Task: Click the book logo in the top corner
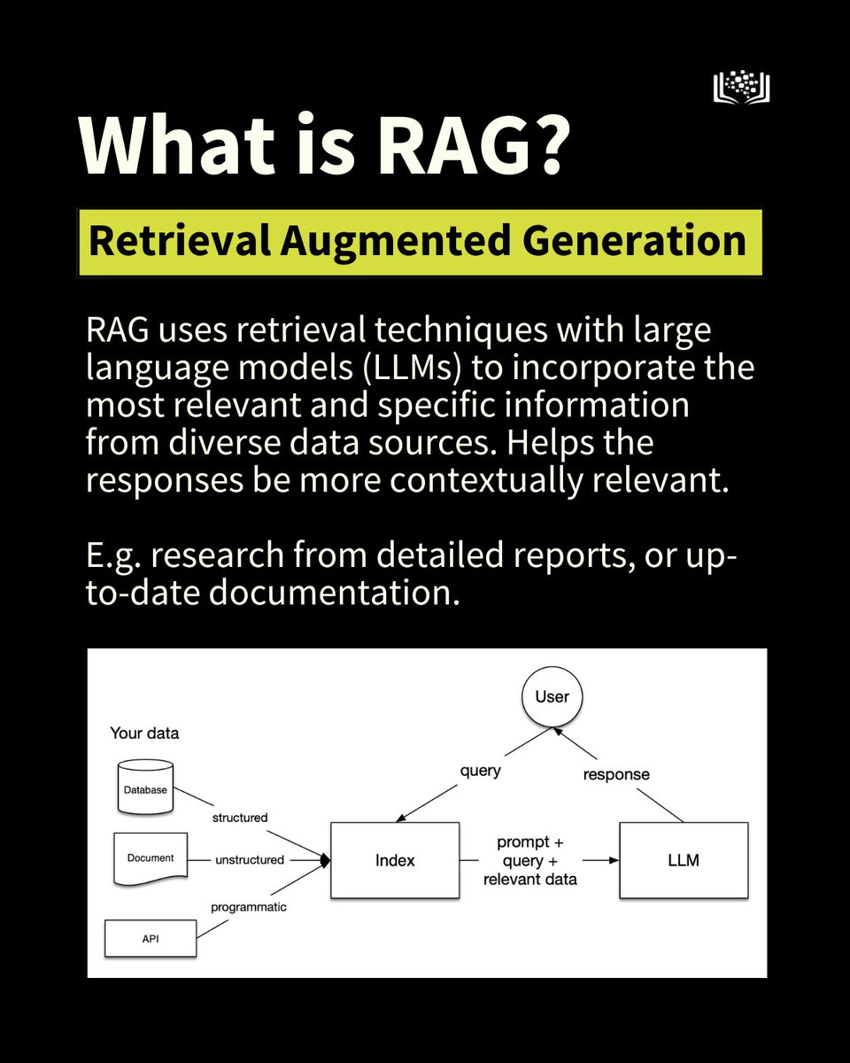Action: click(x=741, y=87)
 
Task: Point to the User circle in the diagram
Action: click(x=552, y=696)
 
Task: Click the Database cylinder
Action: click(x=144, y=788)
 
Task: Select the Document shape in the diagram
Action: click(x=151, y=857)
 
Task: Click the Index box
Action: click(x=394, y=860)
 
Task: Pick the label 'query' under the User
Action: click(x=480, y=771)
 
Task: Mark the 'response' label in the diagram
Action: click(x=615, y=774)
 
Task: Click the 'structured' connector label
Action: click(x=239, y=818)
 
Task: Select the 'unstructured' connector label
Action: click(x=249, y=859)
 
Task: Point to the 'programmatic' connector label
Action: click(x=248, y=907)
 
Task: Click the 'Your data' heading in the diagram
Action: click(x=143, y=733)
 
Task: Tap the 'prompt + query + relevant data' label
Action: click(x=537, y=860)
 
